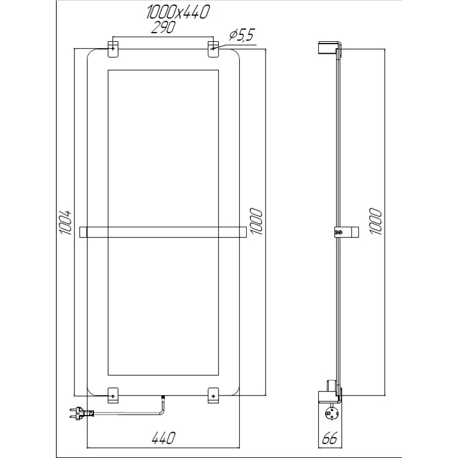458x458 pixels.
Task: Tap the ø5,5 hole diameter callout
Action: (241, 35)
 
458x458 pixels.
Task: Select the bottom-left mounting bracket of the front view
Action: (113, 394)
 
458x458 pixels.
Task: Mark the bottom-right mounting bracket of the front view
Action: (213, 394)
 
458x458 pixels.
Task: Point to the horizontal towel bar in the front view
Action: (163, 231)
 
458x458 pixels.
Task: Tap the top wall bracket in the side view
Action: (330, 48)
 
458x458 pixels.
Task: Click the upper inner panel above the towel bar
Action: (163, 147)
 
